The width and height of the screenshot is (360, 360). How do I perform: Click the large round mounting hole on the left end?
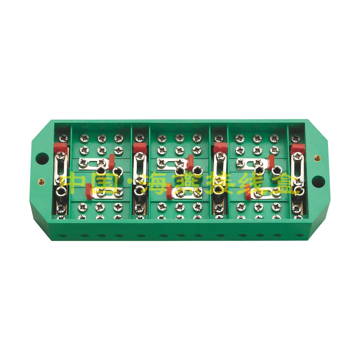tap(42, 158)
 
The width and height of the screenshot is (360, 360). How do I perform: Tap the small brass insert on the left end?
tap(41, 182)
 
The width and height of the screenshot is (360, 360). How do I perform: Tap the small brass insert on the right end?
tap(318, 158)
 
